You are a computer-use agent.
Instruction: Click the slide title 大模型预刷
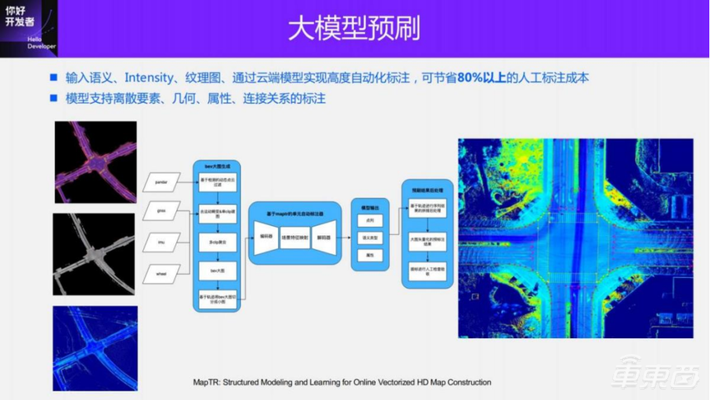click(354, 28)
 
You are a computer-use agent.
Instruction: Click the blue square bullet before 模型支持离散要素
click(53, 99)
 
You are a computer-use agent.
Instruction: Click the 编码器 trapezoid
click(267, 238)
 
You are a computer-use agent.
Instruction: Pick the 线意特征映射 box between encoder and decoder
click(297, 238)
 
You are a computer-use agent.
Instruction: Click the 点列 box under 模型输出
click(370, 221)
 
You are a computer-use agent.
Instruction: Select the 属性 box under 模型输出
click(370, 254)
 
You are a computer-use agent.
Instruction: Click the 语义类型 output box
click(370, 238)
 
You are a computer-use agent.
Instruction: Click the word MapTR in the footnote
click(206, 382)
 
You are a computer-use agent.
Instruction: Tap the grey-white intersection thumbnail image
click(94, 254)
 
